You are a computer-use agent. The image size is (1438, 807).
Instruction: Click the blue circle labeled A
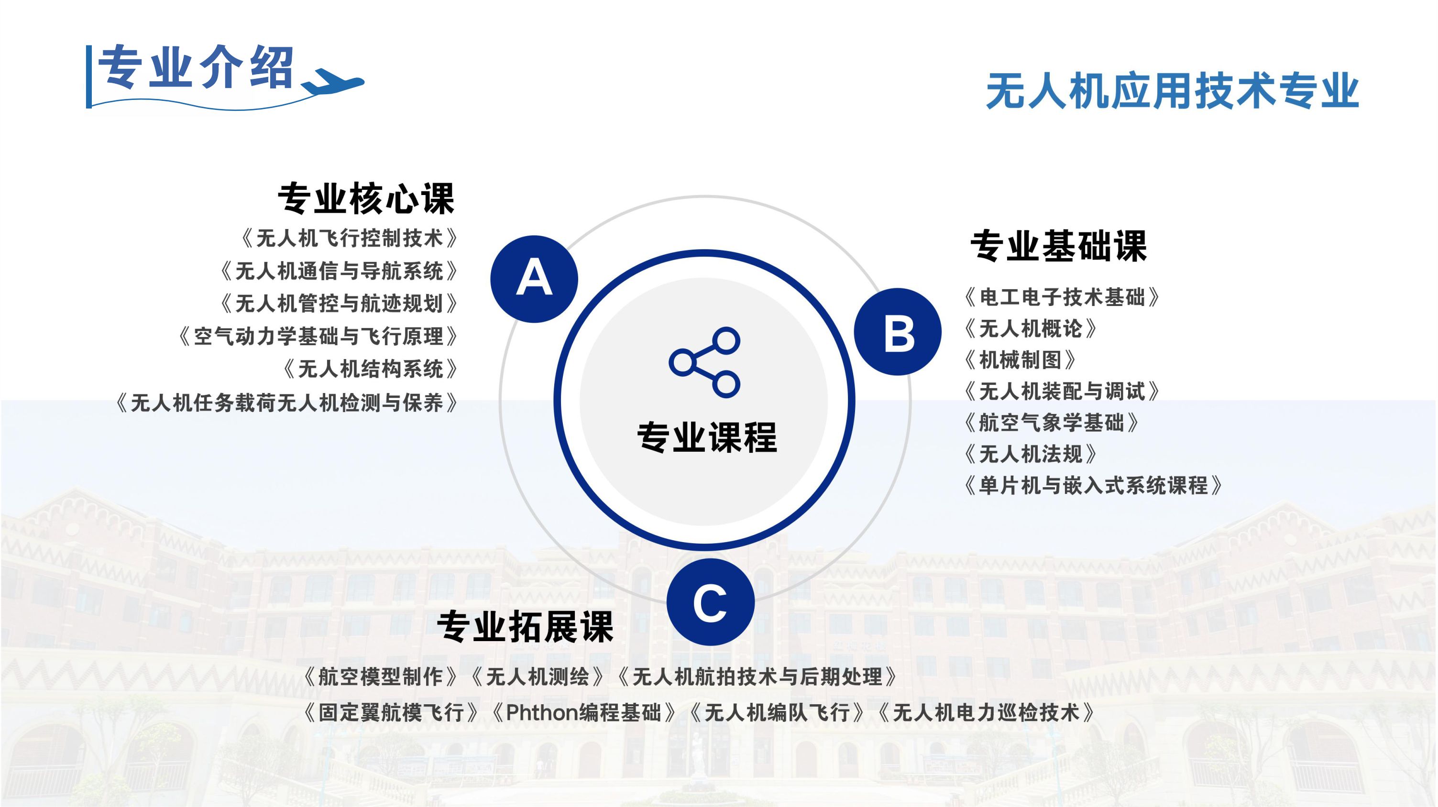(534, 279)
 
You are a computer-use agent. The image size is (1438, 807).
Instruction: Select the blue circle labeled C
(710, 602)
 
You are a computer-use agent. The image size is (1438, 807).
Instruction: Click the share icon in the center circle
(705, 363)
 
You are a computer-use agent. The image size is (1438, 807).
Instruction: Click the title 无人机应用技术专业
(1172, 90)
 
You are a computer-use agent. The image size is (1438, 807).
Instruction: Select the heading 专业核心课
(366, 198)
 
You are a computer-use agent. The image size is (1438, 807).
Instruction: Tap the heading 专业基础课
(1058, 246)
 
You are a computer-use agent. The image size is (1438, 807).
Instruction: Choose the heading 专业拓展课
(525, 626)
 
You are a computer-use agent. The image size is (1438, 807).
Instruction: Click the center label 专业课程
(707, 437)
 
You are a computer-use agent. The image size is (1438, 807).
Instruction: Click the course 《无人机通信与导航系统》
(338, 271)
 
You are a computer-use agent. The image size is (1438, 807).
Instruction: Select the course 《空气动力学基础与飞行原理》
(318, 337)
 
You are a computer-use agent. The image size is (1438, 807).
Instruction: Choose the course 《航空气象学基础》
(1051, 423)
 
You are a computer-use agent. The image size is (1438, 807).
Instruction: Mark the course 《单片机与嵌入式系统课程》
(1093, 486)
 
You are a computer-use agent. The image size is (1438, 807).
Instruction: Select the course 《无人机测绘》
(537, 677)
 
